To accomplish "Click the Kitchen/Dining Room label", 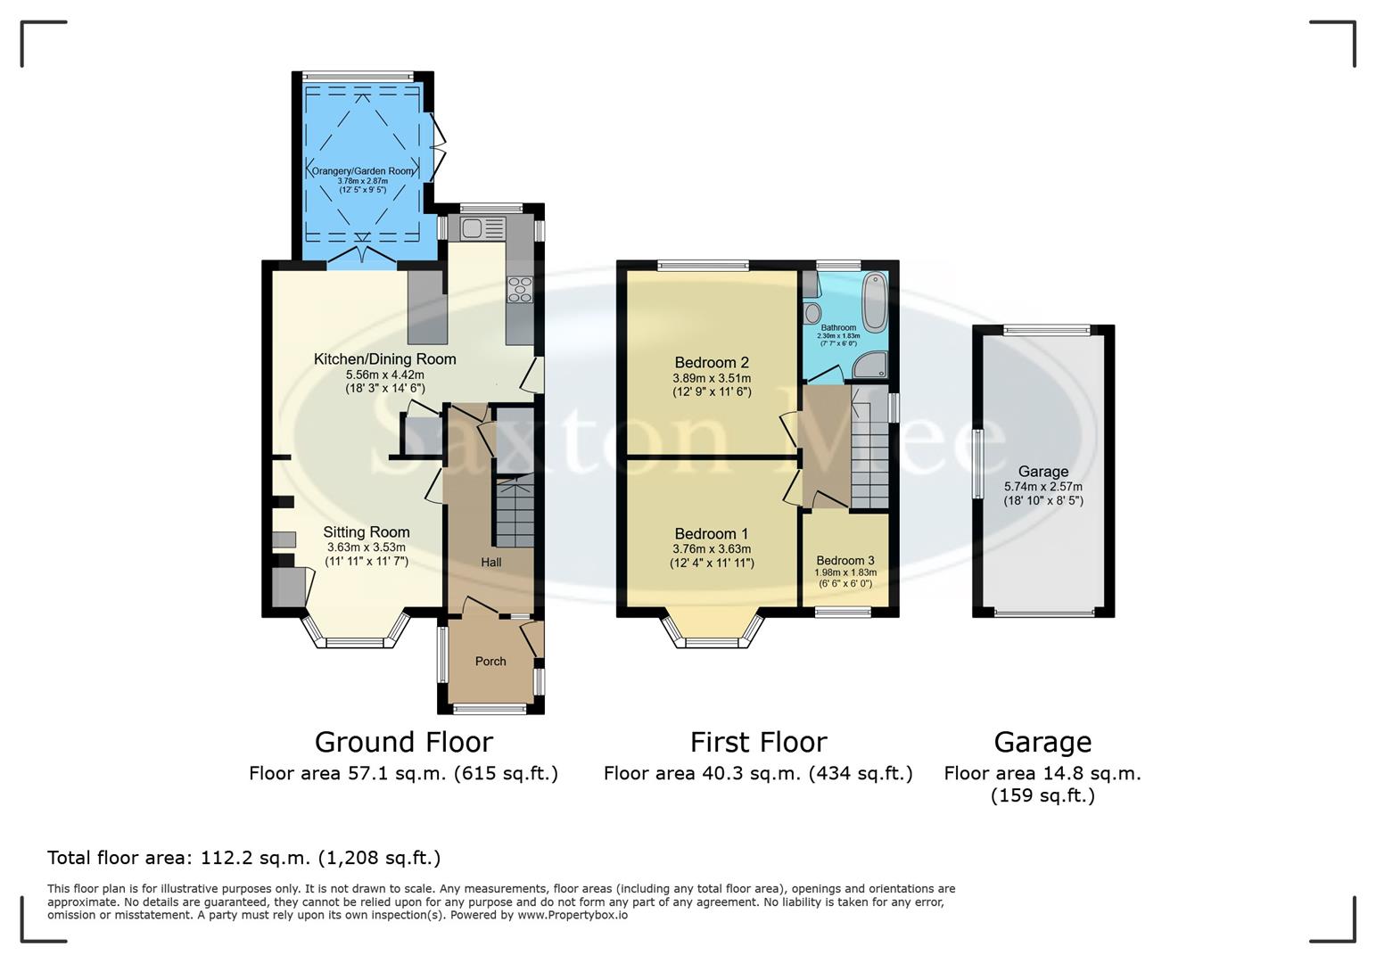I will tap(384, 359).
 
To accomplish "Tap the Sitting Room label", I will tap(366, 532).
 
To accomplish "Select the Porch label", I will tap(490, 662).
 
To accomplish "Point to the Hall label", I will tap(491, 563).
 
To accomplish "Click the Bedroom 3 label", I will tap(845, 561).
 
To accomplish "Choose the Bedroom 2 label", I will tap(711, 363).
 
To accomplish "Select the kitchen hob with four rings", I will tap(519, 290).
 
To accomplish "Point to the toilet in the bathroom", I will tap(812, 313).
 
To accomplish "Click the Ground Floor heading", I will tap(403, 742).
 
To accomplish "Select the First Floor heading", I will tap(758, 742).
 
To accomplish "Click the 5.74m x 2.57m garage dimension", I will tap(1042, 487).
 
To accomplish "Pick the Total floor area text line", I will tap(243, 858).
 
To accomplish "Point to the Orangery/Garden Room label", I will tap(363, 171).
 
